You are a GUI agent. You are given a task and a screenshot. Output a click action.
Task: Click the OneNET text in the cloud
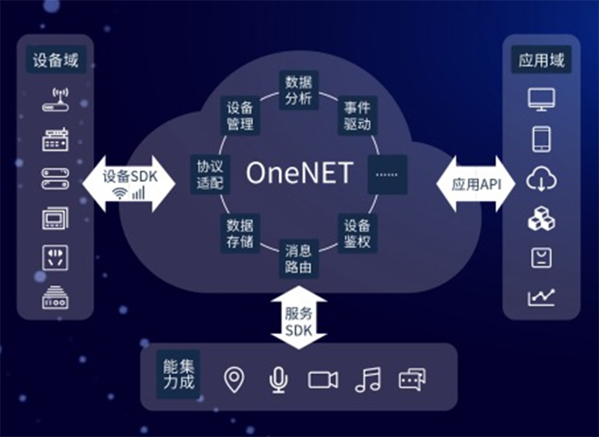[x=299, y=173]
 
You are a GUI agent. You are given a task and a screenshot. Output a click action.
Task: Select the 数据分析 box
[x=299, y=90]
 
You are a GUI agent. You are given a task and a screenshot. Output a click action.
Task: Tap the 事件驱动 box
[x=356, y=114]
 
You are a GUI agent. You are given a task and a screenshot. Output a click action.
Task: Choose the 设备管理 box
[x=241, y=114]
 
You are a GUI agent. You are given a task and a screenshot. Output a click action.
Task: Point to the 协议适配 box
[x=211, y=174]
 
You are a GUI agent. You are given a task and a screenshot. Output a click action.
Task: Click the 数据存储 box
[x=241, y=232]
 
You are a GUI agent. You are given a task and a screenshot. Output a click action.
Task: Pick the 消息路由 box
[x=299, y=258]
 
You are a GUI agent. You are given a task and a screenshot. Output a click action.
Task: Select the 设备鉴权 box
[x=356, y=233]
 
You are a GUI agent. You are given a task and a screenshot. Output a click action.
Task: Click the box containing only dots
[x=387, y=174]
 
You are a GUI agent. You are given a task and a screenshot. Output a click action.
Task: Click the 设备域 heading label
[x=55, y=59]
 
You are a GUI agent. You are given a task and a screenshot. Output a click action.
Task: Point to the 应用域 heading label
[x=541, y=60]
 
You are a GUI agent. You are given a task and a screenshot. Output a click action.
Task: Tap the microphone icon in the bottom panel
[x=278, y=379]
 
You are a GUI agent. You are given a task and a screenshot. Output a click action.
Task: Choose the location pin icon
[x=234, y=379]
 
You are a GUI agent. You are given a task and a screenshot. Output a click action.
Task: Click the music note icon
[x=368, y=379]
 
